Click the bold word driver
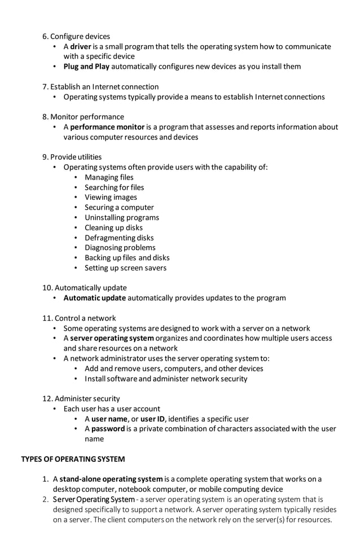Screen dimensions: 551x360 click(x=81, y=46)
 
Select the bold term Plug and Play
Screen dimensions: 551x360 click(x=86, y=67)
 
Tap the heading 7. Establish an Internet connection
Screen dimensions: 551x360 click(x=100, y=86)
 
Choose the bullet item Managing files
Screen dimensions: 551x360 click(x=109, y=177)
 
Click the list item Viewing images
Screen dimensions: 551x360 click(x=111, y=197)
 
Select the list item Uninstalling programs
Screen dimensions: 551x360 click(x=121, y=217)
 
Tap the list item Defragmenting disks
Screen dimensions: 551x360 click(x=119, y=238)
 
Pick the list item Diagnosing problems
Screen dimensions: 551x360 click(x=120, y=247)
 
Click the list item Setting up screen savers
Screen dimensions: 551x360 click(x=125, y=268)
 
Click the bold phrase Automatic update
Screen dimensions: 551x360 click(x=95, y=298)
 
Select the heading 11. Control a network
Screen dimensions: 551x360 click(x=79, y=318)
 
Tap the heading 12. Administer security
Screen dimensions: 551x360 click(x=81, y=399)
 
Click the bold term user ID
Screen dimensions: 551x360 click(x=152, y=419)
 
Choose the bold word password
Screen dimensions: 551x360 click(x=108, y=428)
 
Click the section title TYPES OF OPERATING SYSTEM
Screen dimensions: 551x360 click(x=73, y=459)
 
